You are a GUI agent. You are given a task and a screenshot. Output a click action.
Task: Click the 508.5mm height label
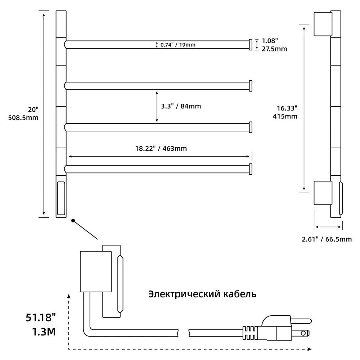(23, 118)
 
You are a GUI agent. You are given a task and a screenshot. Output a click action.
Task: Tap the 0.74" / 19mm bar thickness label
(178, 45)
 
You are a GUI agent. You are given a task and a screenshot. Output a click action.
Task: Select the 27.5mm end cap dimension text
(274, 49)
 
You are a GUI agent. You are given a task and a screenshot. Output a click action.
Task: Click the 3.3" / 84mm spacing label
(181, 106)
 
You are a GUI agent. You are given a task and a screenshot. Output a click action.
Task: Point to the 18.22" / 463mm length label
(161, 149)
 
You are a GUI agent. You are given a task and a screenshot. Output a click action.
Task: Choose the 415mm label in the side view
(285, 116)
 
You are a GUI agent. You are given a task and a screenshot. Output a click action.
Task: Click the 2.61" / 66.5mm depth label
(327, 239)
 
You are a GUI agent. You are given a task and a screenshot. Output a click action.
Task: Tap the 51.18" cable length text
(41, 318)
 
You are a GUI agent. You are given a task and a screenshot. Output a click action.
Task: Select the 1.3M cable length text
(44, 332)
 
